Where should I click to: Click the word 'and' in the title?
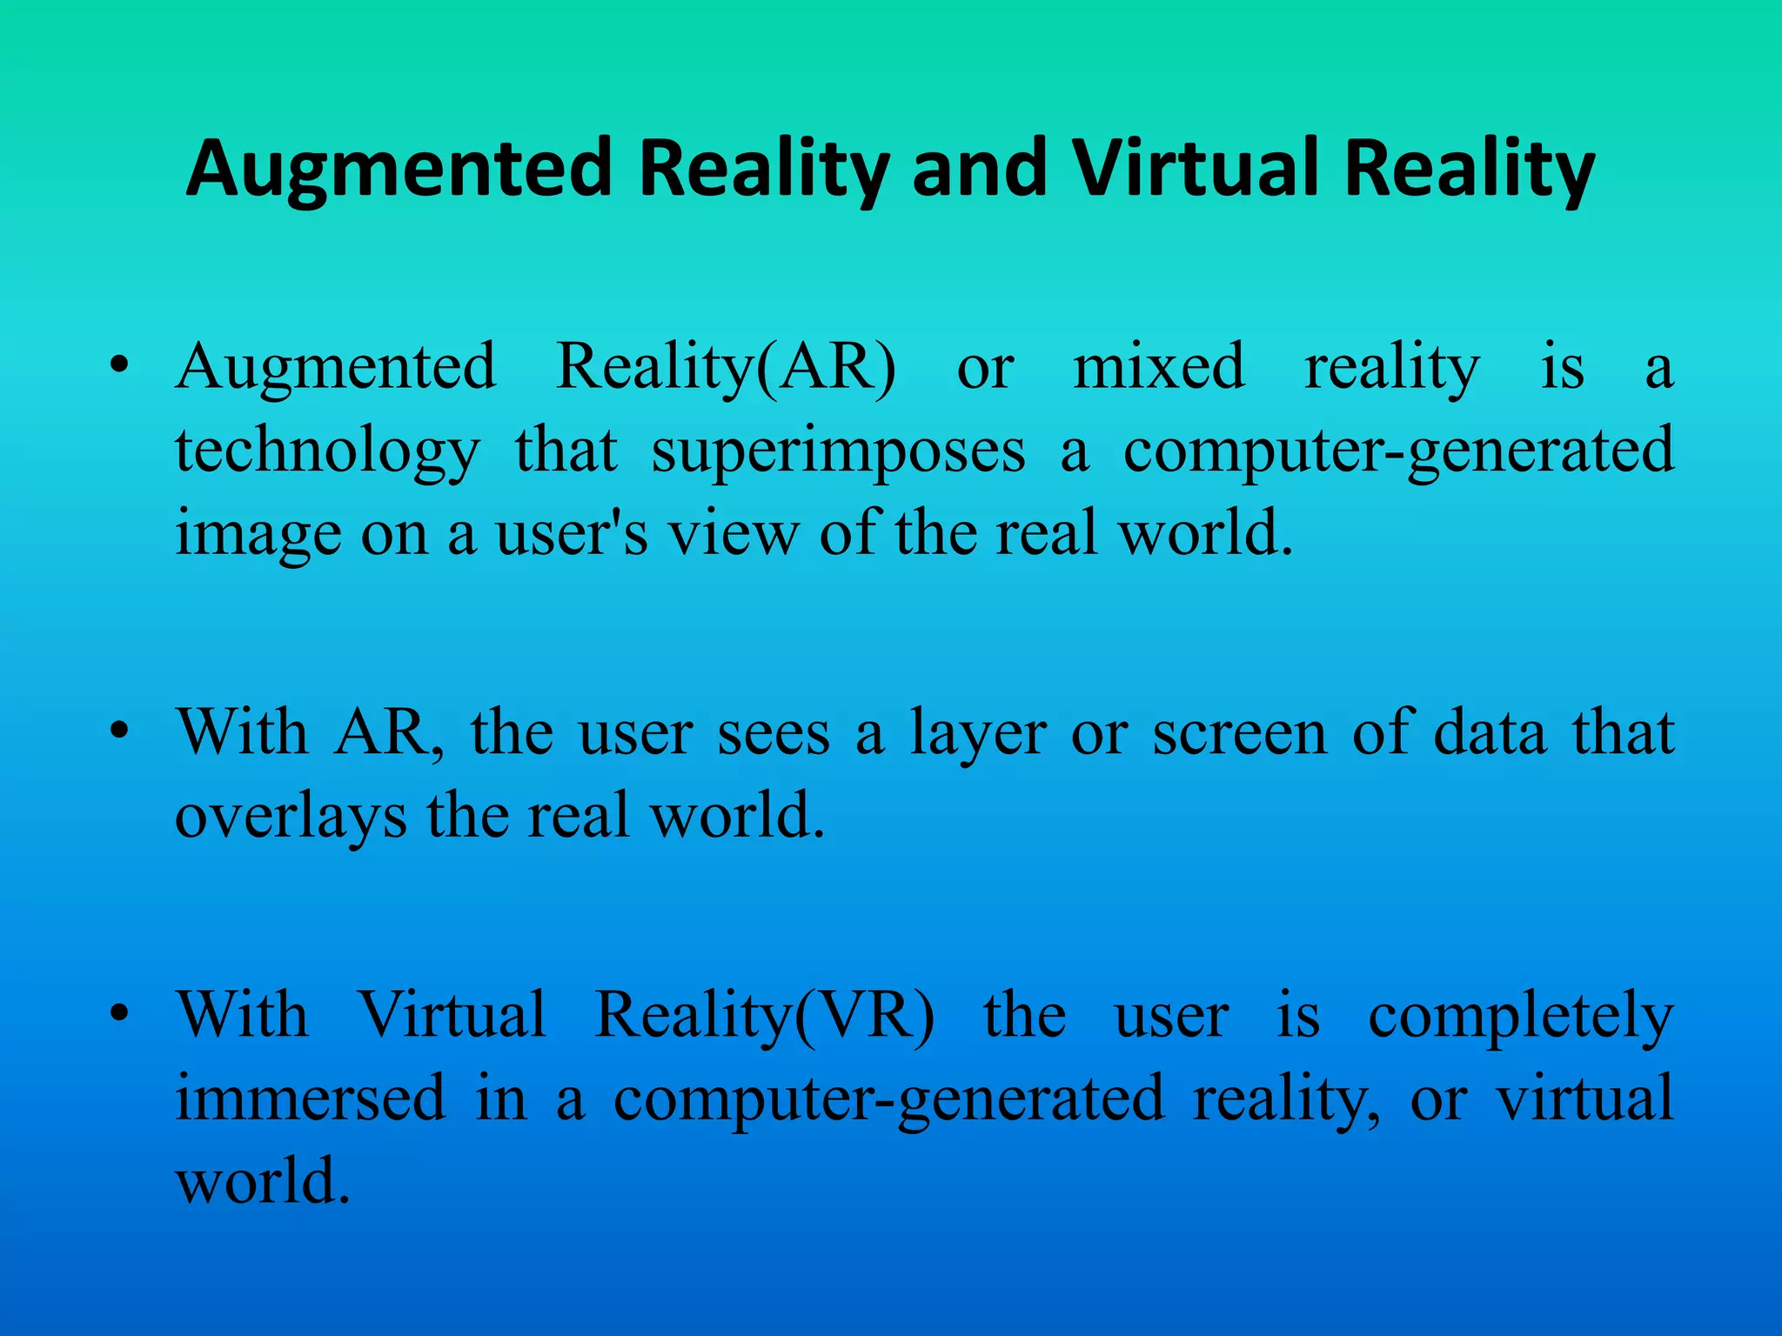[x=981, y=168]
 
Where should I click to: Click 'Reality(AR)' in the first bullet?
[x=726, y=368]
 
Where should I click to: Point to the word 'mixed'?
[x=1158, y=366]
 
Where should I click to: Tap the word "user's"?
[x=572, y=533]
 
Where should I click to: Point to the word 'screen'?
[x=1240, y=733]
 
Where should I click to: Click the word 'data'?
[x=1490, y=732]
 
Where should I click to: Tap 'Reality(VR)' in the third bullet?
[x=765, y=1016]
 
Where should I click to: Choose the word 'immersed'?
[x=311, y=1098]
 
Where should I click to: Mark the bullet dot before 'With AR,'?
[x=120, y=731]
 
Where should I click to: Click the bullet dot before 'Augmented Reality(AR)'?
[x=120, y=366]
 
